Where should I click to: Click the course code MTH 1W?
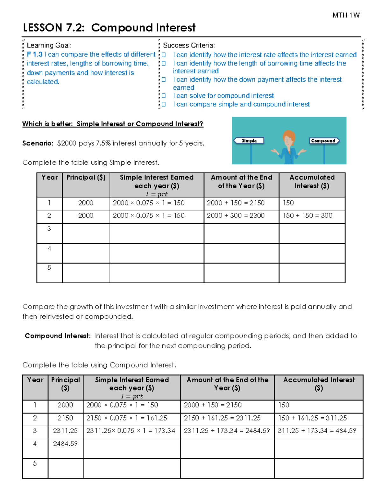click(x=346, y=15)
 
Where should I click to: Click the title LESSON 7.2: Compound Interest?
click(x=109, y=28)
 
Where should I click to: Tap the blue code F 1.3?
click(x=34, y=54)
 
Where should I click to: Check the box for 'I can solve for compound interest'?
click(x=164, y=96)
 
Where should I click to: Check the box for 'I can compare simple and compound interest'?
click(x=164, y=104)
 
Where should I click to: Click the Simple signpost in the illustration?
click(x=249, y=141)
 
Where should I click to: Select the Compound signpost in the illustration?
click(x=323, y=141)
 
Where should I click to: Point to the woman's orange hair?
click(x=289, y=135)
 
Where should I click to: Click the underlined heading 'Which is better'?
click(x=112, y=124)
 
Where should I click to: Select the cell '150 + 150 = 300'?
click(x=308, y=216)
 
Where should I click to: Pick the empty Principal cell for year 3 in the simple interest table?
click(x=86, y=233)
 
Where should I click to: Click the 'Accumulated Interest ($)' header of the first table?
click(x=312, y=182)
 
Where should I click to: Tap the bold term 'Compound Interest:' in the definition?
click(x=58, y=336)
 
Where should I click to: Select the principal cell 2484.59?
click(x=65, y=443)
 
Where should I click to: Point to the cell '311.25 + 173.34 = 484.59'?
click(x=317, y=431)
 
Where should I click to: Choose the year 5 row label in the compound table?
click(x=35, y=463)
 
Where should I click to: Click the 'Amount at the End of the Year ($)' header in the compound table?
click(x=227, y=384)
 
